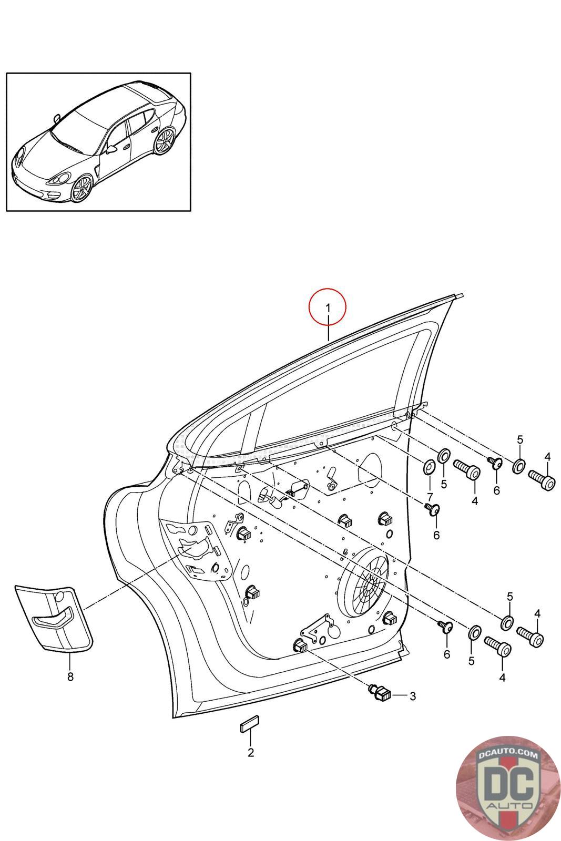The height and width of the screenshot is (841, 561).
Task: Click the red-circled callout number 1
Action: [328, 308]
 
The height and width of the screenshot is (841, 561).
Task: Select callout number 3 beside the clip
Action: [413, 696]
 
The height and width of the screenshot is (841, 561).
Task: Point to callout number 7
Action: [430, 497]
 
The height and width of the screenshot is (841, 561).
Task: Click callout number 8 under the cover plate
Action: [70, 676]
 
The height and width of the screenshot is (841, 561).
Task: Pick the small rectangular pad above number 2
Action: [249, 723]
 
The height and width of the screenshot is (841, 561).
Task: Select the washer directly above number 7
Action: [429, 467]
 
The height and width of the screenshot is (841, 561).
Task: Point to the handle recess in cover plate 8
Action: [52, 618]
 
